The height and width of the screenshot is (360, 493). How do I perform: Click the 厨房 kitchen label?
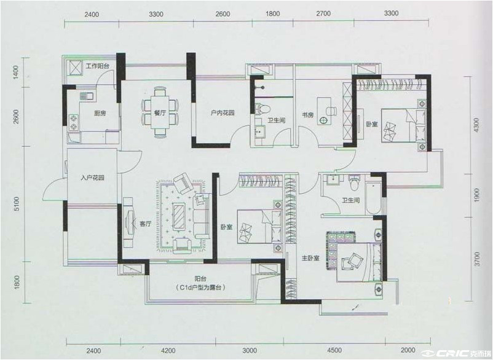[x=100, y=114]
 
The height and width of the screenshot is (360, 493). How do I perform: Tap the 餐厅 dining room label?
[x=160, y=114]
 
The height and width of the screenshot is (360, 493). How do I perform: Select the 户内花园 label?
[x=223, y=113]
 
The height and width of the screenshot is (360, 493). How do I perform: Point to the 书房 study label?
[x=308, y=115]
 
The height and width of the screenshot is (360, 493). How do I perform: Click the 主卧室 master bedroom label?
[x=310, y=258]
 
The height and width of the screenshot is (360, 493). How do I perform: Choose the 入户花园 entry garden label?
[x=92, y=178]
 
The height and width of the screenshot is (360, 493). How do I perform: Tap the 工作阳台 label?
[x=98, y=66]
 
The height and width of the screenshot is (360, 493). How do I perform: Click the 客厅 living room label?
[x=146, y=224]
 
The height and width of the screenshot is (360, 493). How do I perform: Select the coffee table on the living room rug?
[x=180, y=215]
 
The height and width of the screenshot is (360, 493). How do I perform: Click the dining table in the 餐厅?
[x=160, y=112]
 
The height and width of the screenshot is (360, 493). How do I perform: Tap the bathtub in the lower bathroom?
[x=373, y=198]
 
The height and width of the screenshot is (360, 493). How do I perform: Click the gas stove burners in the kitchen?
[x=74, y=122]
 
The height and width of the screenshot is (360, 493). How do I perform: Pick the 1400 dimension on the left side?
[x=16, y=72]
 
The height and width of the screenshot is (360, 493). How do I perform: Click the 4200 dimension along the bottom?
[x=168, y=350]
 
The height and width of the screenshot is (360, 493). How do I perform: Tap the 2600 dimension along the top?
[x=223, y=14]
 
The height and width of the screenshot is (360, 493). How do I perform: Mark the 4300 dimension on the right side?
[x=476, y=125]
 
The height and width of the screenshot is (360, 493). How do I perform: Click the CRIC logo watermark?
[x=457, y=353]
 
